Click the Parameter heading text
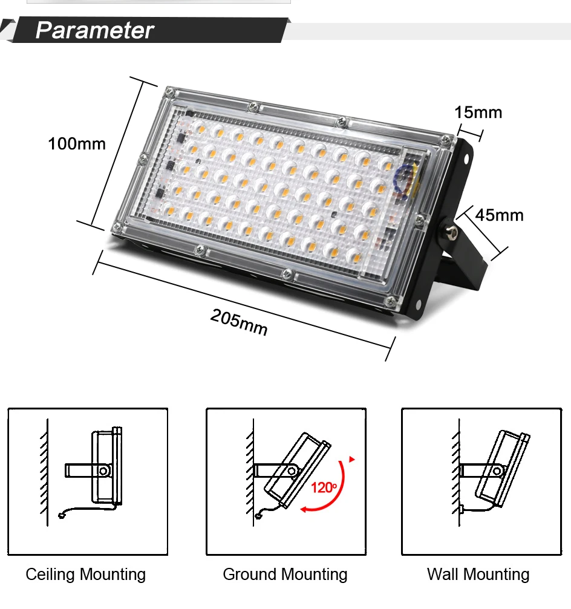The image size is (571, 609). [95, 30]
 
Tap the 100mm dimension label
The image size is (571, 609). [77, 144]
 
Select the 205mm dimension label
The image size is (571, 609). [239, 322]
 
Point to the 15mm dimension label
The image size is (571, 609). [478, 112]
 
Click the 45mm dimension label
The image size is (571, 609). [499, 215]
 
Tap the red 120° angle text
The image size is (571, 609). [324, 487]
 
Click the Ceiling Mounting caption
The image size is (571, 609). [86, 575]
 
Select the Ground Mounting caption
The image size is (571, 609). [285, 575]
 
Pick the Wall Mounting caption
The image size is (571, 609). [478, 575]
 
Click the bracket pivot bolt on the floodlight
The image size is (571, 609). [451, 232]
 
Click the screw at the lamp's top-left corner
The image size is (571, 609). [169, 92]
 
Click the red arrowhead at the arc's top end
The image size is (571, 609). [352, 460]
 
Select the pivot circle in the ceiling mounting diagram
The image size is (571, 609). [103, 471]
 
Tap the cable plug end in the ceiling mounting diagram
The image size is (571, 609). [61, 516]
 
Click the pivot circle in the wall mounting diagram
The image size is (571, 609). [497, 471]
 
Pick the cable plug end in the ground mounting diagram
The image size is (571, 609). [258, 516]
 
